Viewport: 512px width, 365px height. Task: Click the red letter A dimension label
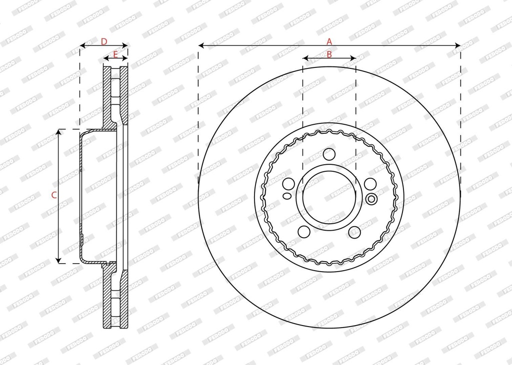(329, 41)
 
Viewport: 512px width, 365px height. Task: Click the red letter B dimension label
(329, 54)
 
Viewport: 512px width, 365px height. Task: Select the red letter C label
(54, 195)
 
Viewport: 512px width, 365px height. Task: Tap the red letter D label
(104, 41)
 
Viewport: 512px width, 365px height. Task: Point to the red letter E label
(115, 54)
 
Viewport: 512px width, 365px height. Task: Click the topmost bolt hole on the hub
(329, 154)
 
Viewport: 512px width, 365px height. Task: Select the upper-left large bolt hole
(288, 184)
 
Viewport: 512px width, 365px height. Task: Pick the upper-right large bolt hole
(370, 184)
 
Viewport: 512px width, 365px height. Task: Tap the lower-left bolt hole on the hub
(304, 232)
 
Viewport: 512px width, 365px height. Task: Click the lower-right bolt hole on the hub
(354, 232)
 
